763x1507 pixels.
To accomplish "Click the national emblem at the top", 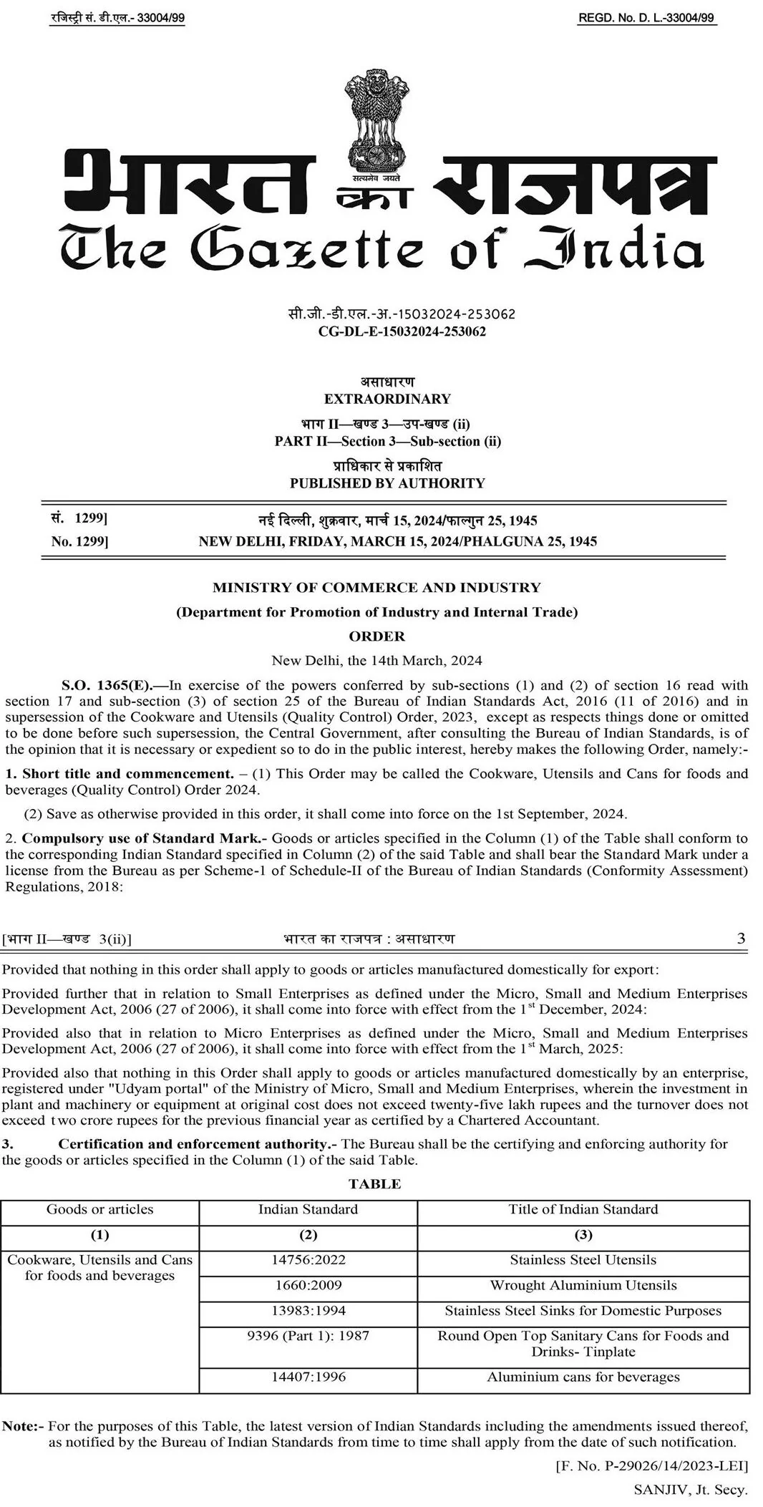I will click(375, 121).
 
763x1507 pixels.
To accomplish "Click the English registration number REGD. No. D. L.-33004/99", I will click(646, 19).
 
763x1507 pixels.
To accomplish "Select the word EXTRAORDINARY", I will click(387, 399).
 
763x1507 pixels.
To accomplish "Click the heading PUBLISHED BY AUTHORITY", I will click(387, 483).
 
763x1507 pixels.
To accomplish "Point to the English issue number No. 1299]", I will click(79, 542).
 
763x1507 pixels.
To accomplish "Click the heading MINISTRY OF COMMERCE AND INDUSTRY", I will click(376, 588).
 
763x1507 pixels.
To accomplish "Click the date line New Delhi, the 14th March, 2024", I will click(376, 660).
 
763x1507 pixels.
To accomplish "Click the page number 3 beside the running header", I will click(741, 938).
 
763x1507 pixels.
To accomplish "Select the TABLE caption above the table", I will click(374, 1183).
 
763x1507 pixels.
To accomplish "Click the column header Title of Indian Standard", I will click(583, 1209).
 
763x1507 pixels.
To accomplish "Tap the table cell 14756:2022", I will click(308, 1259).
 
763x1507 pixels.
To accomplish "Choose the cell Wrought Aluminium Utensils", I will click(583, 1285).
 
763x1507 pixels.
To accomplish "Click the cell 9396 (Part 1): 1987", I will click(308, 1336).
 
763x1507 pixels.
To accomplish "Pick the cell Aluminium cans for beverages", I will click(583, 1377).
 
